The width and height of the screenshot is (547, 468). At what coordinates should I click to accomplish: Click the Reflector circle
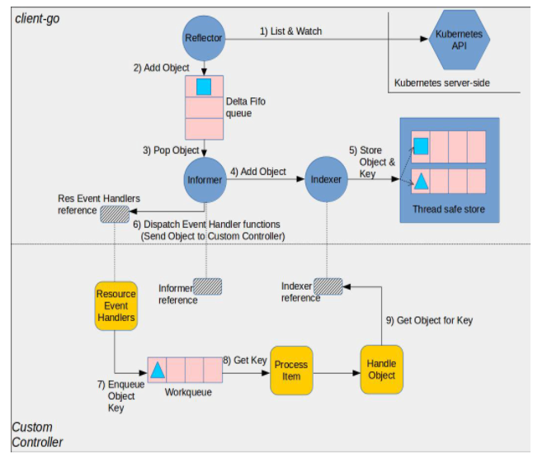click(203, 38)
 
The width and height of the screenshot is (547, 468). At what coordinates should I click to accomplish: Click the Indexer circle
click(326, 180)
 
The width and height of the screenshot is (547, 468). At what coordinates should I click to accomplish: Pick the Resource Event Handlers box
click(116, 306)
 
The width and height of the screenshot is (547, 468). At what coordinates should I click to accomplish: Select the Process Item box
click(291, 370)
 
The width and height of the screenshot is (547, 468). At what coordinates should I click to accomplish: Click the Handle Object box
click(381, 369)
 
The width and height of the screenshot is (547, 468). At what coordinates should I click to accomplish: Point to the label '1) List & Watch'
click(290, 31)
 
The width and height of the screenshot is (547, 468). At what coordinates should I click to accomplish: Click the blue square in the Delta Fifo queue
click(204, 86)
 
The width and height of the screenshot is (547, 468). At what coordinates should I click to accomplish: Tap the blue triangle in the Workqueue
click(158, 369)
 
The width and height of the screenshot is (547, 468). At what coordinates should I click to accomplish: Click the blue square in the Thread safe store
click(421, 146)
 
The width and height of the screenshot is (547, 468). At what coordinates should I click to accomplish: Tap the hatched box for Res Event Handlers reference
click(115, 214)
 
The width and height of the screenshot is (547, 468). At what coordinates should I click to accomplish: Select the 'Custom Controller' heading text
click(37, 435)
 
